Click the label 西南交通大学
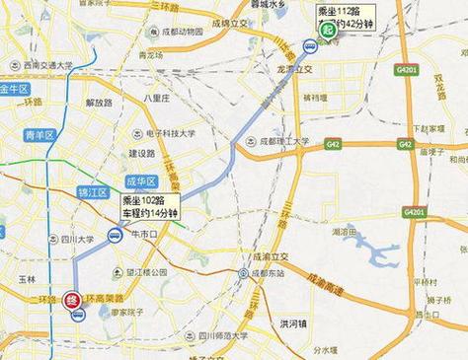pyautogui.click(x=39, y=65)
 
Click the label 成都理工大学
pyautogui.click(x=281, y=143)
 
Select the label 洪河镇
pyautogui.click(x=294, y=322)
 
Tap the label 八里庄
pyautogui.click(x=158, y=99)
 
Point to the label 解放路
pyautogui.click(x=100, y=102)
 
